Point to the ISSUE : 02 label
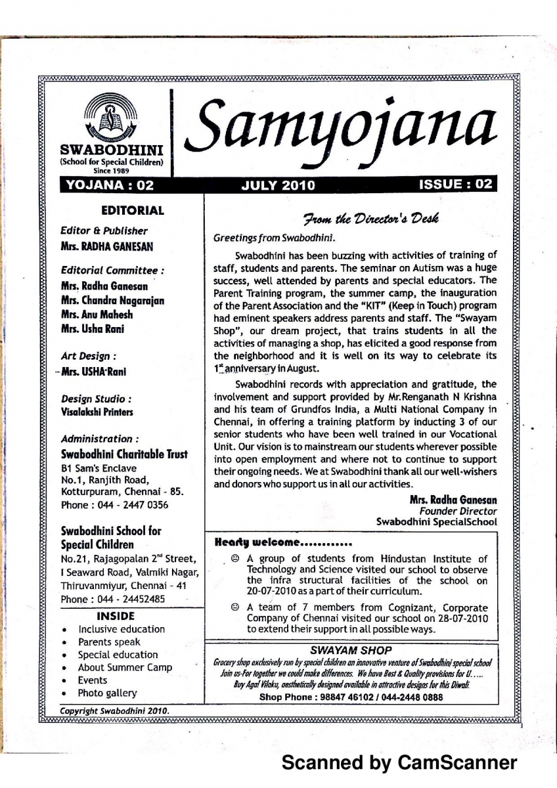(x=455, y=185)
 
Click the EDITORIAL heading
(x=133, y=211)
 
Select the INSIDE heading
(x=115, y=616)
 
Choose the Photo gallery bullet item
(x=108, y=693)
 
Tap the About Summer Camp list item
(x=125, y=667)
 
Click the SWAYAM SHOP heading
(x=351, y=649)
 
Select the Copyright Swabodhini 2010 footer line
(x=114, y=711)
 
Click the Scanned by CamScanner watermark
(x=399, y=763)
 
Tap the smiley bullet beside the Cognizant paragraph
(x=235, y=608)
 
